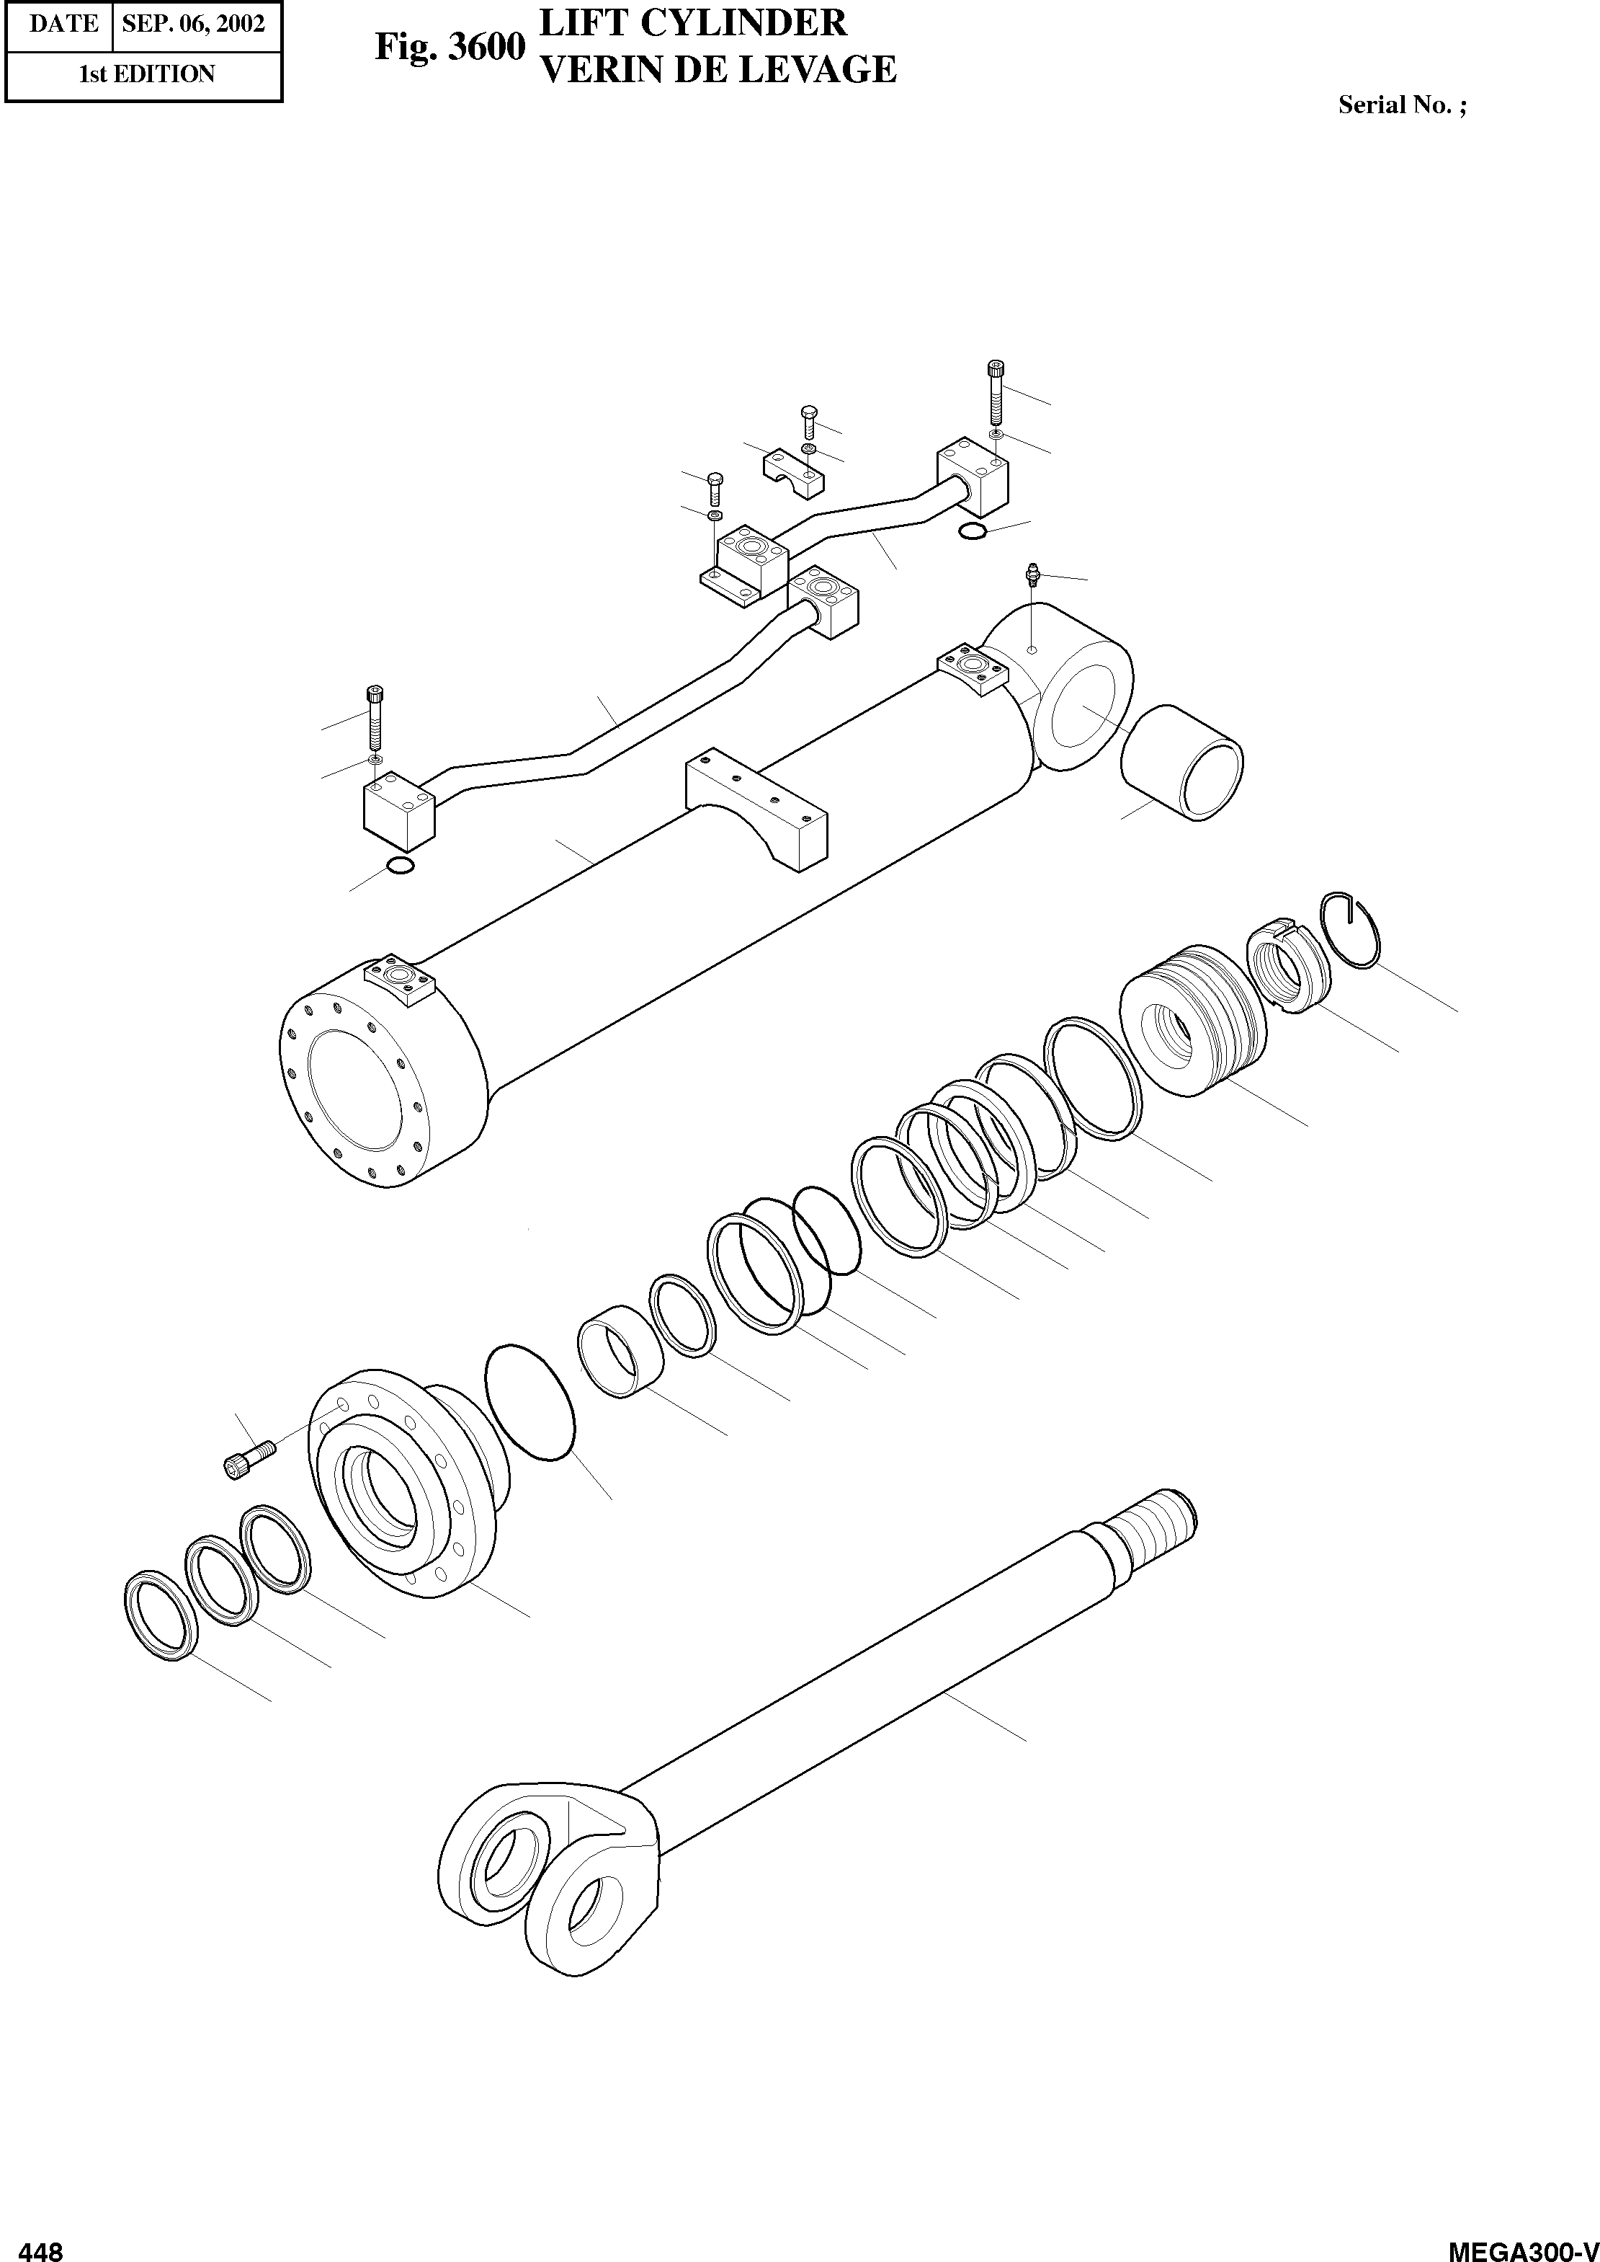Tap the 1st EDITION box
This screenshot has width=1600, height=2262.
tap(145, 74)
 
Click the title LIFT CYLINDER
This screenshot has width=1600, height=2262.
tap(694, 22)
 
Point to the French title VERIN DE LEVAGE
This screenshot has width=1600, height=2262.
tap(719, 69)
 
